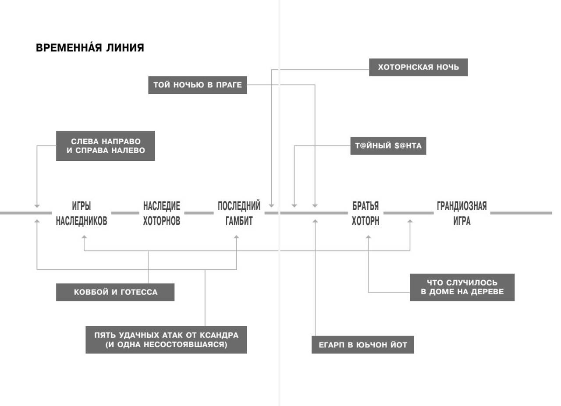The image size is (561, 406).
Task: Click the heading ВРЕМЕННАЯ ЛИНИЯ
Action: click(90, 47)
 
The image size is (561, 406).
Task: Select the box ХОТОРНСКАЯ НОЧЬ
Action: click(418, 67)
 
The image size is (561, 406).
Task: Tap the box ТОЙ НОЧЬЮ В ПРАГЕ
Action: click(198, 85)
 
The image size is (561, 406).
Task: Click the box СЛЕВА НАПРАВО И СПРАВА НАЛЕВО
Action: click(106, 146)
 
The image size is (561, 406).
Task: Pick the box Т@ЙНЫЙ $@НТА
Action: click(388, 146)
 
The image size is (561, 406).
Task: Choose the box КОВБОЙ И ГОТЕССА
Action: click(115, 292)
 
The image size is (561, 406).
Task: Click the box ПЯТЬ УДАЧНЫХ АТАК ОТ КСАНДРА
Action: click(166, 340)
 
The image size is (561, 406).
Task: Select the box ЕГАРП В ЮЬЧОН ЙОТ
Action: click(362, 345)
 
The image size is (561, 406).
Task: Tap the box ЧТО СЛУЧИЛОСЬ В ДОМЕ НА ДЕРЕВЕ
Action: click(462, 287)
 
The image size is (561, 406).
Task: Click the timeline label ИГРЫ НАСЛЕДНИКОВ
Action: click(82, 213)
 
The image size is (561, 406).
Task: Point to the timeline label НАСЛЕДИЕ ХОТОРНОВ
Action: click(162, 213)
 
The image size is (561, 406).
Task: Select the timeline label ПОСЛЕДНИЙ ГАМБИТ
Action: click(239, 213)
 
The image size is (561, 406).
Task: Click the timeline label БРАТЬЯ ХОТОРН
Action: click(366, 213)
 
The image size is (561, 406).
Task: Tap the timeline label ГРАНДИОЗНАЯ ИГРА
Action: click(462, 213)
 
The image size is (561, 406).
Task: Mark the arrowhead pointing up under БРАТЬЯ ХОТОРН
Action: click(368, 237)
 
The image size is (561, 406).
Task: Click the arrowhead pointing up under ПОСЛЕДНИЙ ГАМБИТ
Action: click(236, 237)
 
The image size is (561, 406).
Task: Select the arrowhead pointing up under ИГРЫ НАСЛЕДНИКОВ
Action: click(84, 237)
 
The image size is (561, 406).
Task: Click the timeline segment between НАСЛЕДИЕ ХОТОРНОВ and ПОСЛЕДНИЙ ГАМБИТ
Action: click(199, 213)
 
